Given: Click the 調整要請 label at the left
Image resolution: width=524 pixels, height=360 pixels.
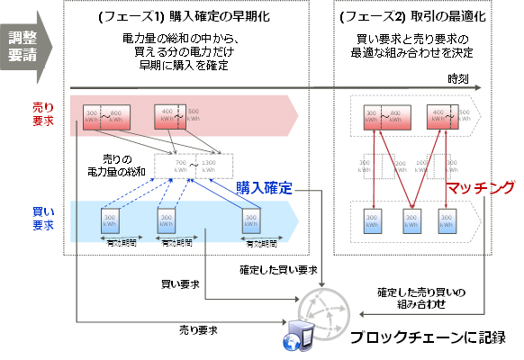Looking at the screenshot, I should (24, 45).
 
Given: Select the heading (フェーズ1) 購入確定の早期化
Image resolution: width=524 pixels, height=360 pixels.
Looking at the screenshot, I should (185, 21).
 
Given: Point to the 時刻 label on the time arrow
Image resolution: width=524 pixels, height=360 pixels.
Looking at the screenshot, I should (458, 80).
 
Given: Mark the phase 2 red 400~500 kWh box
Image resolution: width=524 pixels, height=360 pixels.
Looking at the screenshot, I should (441, 117).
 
